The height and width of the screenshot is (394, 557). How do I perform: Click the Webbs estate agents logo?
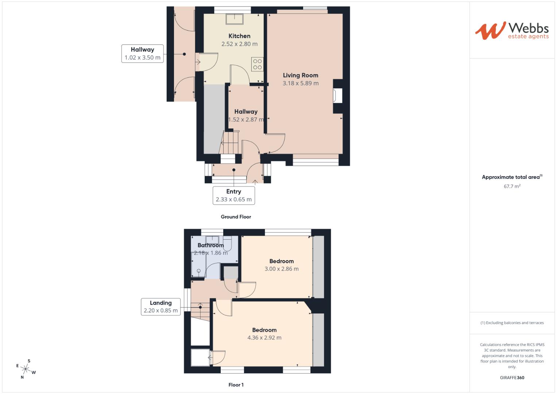(x=511, y=31)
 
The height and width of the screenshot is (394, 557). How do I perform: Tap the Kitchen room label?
(x=239, y=36)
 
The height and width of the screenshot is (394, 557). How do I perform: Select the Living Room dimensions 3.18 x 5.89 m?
(x=301, y=83)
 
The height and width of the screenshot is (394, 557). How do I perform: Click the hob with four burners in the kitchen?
(x=257, y=64)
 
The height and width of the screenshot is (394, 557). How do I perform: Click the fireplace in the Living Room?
(x=337, y=96)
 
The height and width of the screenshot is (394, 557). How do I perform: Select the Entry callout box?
(x=233, y=195)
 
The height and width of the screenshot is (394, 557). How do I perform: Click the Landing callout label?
(x=160, y=306)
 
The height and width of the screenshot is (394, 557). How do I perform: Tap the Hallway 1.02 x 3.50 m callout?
(x=142, y=54)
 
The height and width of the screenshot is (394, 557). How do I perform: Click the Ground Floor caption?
(x=236, y=217)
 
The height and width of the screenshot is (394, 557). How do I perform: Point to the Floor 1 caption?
(x=236, y=385)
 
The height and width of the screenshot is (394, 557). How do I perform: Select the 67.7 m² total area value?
(x=512, y=186)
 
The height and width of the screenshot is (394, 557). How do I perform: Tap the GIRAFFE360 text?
(x=512, y=378)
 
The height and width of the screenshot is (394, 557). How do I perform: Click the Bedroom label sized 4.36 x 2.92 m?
(x=264, y=330)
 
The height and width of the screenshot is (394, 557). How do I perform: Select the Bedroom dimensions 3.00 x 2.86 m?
(x=281, y=269)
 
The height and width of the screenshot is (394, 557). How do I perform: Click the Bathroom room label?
(x=210, y=245)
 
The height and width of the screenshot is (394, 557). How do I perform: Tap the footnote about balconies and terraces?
(x=512, y=323)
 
